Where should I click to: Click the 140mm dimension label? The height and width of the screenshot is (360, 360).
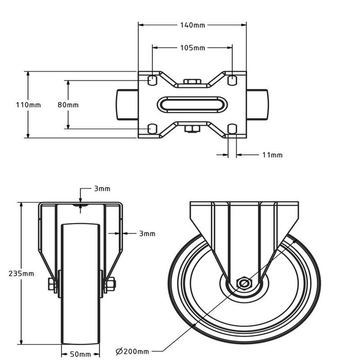(x=192, y=25)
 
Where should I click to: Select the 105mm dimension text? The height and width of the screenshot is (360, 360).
(x=192, y=48)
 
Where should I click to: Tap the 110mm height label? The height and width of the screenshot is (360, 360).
(x=28, y=105)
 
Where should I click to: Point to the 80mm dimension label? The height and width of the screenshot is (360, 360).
(x=68, y=105)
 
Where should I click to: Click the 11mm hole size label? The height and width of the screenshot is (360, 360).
(x=272, y=155)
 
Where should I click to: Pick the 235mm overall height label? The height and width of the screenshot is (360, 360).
(x=22, y=274)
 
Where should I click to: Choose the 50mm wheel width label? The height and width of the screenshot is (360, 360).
(x=80, y=354)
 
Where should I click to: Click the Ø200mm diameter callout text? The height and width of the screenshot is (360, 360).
(x=133, y=351)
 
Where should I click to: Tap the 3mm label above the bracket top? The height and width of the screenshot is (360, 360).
(x=102, y=189)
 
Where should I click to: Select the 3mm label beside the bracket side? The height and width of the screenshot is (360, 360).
(x=147, y=233)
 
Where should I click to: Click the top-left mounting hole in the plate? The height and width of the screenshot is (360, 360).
(x=152, y=80)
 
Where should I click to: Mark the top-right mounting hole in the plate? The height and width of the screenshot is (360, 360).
(x=232, y=80)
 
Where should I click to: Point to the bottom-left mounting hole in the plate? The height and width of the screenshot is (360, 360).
(x=152, y=129)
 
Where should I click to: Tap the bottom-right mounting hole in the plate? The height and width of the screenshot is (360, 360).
(x=232, y=129)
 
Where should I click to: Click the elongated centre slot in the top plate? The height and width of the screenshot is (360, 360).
(x=192, y=105)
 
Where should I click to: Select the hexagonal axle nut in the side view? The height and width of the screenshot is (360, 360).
(x=244, y=284)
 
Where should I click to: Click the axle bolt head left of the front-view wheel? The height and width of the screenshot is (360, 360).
(x=51, y=284)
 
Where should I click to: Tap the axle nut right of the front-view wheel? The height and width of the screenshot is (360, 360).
(x=111, y=284)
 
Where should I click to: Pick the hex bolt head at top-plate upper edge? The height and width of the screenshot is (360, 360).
(x=192, y=81)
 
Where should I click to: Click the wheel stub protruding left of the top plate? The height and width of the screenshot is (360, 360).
(x=127, y=105)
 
